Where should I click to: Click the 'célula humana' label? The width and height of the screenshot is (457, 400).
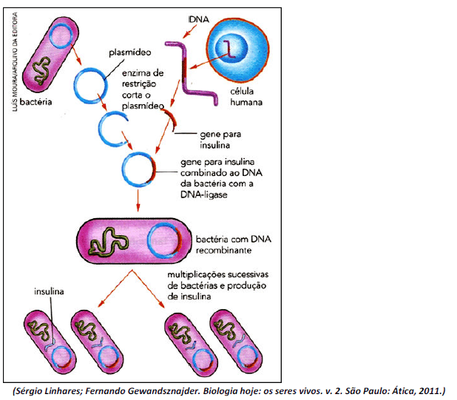tap(242, 97)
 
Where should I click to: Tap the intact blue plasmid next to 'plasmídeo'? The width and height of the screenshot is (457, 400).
tap(97, 84)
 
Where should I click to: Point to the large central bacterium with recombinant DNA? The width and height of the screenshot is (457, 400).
tap(133, 240)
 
